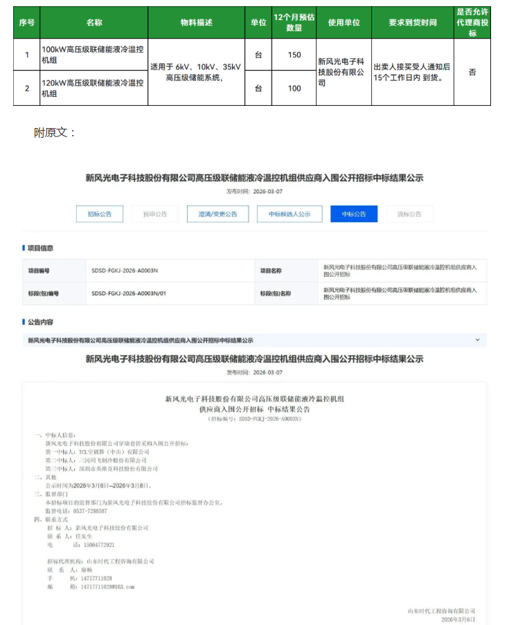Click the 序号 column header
pyautogui.click(x=27, y=23)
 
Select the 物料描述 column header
pyautogui.click(x=197, y=23)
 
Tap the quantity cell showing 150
pyautogui.click(x=294, y=55)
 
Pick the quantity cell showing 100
pyautogui.click(x=294, y=88)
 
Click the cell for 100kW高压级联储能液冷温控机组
pyautogui.click(x=94, y=55)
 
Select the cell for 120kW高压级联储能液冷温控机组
pyautogui.click(x=94, y=88)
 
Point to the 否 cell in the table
pyautogui.click(x=472, y=72)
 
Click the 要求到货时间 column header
pyautogui.click(x=413, y=23)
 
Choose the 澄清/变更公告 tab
pyautogui.click(x=217, y=214)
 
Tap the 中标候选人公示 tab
pyautogui.click(x=290, y=214)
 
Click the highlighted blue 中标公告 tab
pyautogui.click(x=354, y=214)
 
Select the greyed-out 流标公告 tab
pyautogui.click(x=410, y=214)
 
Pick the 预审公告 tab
pyautogui.click(x=154, y=214)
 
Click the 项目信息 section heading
pyautogui.click(x=40, y=248)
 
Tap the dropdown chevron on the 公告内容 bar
pyautogui.click(x=477, y=340)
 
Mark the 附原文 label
pyautogui.click(x=54, y=132)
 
